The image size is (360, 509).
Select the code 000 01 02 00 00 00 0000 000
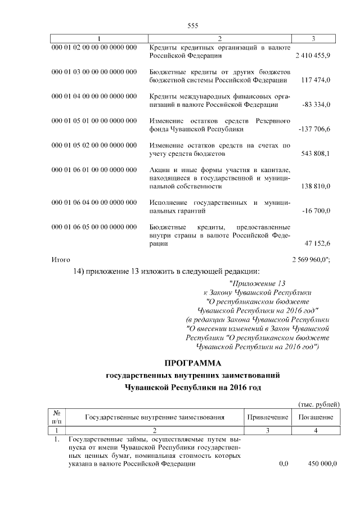[x=94, y=47]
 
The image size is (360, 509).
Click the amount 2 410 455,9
[x=312, y=56]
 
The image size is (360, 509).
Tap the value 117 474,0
[x=316, y=80]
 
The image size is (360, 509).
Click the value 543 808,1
[x=316, y=154]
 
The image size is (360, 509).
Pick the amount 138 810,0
[x=316, y=186]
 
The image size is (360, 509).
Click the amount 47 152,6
[x=317, y=243]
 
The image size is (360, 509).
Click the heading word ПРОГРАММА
[x=193, y=364]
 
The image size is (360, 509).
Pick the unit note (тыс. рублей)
[x=318, y=404]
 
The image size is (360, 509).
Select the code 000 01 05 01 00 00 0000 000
[x=94, y=120]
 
